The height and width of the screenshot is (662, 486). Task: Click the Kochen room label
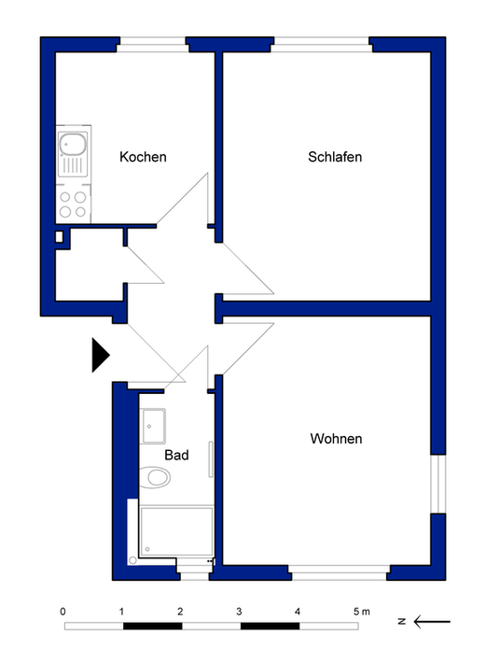point(143,157)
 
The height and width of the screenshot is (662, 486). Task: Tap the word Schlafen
point(335,157)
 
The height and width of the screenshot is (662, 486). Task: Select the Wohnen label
point(336,439)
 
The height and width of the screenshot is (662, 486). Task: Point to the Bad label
point(176,455)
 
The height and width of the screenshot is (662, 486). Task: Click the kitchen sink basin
point(73,144)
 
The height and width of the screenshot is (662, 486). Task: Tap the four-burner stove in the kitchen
point(73,204)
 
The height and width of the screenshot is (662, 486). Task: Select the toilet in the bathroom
point(155,478)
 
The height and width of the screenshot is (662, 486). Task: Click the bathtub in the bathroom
point(176,531)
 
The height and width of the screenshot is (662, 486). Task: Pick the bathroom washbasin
point(153,426)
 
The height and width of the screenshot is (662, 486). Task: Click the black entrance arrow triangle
point(101,355)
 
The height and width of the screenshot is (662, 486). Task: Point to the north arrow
point(432,622)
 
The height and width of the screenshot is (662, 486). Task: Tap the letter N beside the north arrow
point(402,622)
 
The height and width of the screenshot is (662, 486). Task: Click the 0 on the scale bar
point(62,612)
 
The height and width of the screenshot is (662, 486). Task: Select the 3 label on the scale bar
point(239,612)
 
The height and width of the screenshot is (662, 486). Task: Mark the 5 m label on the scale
point(362,612)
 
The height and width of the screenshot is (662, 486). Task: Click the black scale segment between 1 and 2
point(153,627)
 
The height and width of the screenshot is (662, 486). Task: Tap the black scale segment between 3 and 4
point(270,627)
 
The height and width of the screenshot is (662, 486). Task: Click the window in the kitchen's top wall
point(153,45)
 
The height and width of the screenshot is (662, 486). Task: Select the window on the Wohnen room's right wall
point(438,484)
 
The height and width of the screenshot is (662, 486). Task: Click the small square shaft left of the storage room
point(59,237)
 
